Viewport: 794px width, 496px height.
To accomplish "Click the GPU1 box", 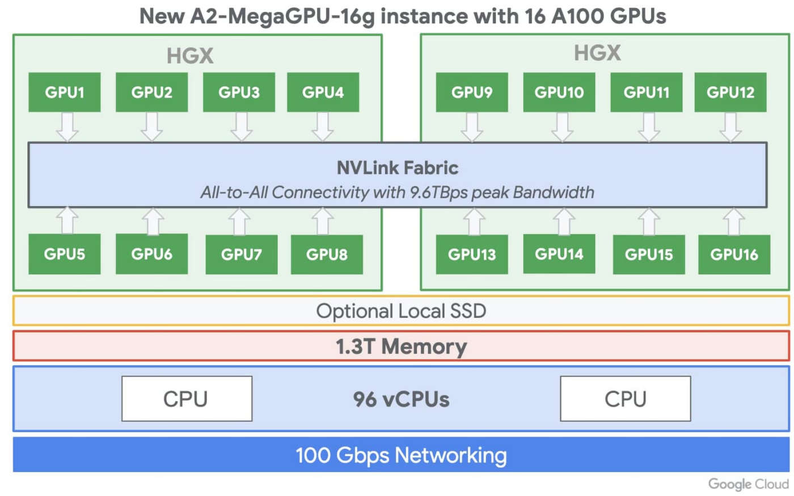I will click(65, 92).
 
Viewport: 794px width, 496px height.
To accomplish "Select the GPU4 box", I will click(323, 92).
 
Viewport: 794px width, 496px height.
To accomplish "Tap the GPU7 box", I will click(242, 255).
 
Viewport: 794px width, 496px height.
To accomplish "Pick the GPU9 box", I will click(472, 92).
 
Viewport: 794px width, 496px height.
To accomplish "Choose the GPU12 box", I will click(730, 92).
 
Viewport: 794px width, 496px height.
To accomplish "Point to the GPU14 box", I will click(559, 254).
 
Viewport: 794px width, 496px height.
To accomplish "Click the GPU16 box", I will click(734, 255).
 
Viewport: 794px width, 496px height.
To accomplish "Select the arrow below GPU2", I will click(152, 126).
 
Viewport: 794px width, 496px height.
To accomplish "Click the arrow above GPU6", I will click(152, 221).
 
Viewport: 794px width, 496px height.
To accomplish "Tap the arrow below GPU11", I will click(649, 126).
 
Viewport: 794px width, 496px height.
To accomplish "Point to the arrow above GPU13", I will click(474, 221).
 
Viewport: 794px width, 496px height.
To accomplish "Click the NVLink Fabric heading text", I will click(397, 168).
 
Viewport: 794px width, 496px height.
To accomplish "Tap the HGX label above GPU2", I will click(190, 56).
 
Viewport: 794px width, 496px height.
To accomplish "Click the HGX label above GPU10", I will click(597, 53).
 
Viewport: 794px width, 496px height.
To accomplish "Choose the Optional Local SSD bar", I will click(401, 311).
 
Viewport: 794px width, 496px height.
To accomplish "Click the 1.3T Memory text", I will click(401, 346).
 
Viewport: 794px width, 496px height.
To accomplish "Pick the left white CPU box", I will click(187, 399).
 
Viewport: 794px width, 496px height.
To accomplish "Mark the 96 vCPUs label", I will click(401, 400).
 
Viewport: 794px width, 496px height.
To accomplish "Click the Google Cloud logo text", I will click(748, 484).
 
